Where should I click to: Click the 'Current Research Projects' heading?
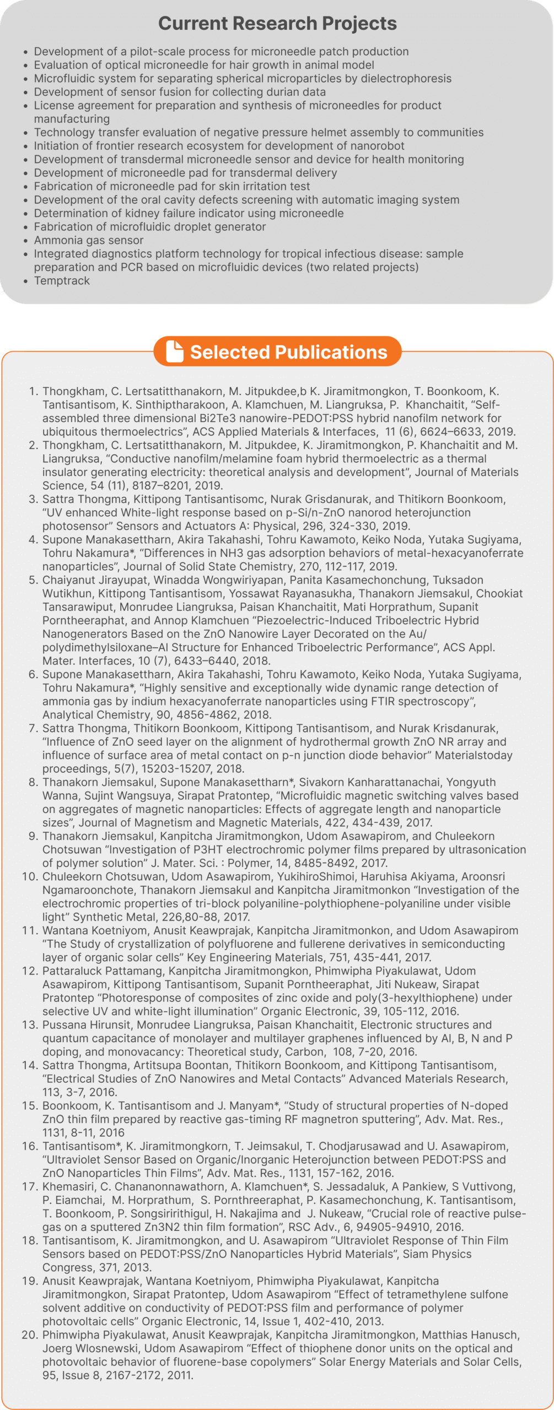277,23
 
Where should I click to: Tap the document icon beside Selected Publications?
175,351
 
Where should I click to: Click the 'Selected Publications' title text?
288,352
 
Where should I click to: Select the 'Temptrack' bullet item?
62,281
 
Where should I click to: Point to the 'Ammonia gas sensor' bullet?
88,240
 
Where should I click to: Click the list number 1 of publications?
33,392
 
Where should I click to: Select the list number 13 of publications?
30,1025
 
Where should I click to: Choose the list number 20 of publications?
30,1335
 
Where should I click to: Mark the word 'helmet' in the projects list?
326,132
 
